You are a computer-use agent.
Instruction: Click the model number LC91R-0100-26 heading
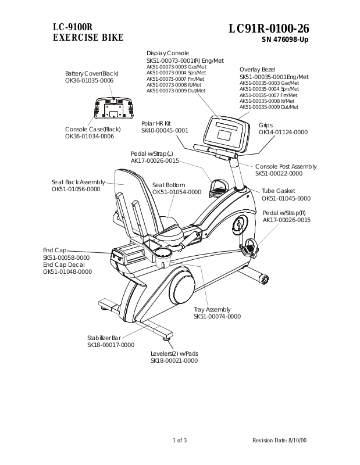point(269,28)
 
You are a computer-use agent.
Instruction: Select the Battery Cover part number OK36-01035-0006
point(90,80)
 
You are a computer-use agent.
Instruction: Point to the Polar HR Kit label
point(156,123)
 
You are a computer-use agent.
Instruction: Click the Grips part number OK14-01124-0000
point(283,132)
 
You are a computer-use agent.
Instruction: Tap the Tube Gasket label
point(278,191)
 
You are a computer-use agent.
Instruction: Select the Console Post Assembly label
point(286,166)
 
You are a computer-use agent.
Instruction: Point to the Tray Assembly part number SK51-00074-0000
point(217,317)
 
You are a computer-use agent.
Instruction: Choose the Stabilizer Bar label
point(104,338)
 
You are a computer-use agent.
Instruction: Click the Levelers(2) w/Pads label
point(174,353)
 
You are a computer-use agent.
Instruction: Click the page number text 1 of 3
point(180,440)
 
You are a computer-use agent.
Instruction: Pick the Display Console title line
point(167,53)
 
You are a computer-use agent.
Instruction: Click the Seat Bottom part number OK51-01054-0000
point(177,192)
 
